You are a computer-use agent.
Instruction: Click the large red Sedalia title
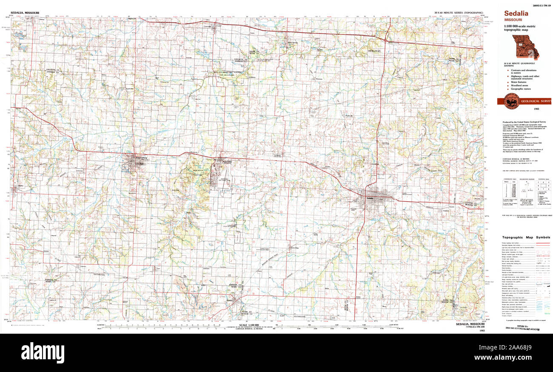[x=516, y=13]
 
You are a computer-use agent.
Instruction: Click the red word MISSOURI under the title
[x=514, y=20]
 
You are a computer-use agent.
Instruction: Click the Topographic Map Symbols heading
[x=526, y=237]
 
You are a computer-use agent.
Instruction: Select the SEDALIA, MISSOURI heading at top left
[x=24, y=13]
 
